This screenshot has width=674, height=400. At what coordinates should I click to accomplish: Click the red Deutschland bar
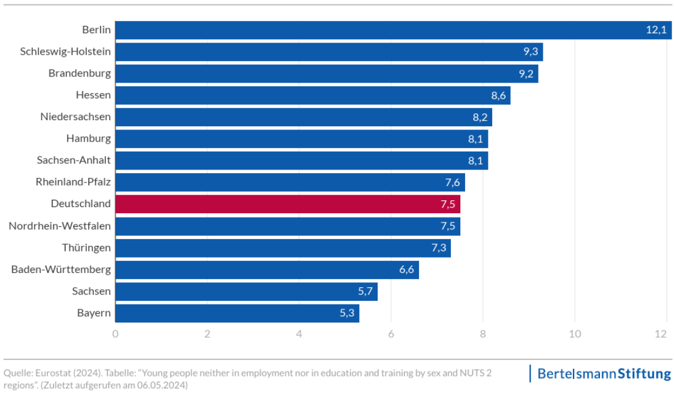pyautogui.click(x=287, y=204)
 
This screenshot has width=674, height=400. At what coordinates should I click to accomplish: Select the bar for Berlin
pyautogui.click(x=393, y=30)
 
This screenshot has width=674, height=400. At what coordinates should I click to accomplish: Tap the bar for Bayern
pyautogui.click(x=237, y=313)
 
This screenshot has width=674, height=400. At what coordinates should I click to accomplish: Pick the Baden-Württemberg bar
pyautogui.click(x=267, y=269)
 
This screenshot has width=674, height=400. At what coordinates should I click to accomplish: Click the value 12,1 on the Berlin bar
pyautogui.click(x=656, y=30)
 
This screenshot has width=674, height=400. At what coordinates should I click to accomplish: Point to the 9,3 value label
pyautogui.click(x=530, y=52)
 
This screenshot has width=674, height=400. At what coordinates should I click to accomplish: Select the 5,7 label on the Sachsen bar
pyautogui.click(x=365, y=291)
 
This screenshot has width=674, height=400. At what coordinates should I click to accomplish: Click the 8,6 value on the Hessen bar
pyautogui.click(x=498, y=96)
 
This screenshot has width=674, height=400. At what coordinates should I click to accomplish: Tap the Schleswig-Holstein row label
pyautogui.click(x=65, y=52)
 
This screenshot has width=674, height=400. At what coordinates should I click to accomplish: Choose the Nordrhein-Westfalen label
pyautogui.click(x=60, y=226)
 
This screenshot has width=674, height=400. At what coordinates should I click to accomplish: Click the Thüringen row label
pyautogui.click(x=86, y=248)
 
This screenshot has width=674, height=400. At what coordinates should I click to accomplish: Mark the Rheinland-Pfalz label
pyautogui.click(x=73, y=182)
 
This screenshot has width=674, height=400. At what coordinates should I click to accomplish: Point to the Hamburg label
pyautogui.click(x=89, y=139)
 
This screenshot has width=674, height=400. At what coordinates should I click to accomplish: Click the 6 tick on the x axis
pyautogui.click(x=391, y=334)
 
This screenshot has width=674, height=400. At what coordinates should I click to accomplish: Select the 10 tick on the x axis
pyautogui.click(x=574, y=334)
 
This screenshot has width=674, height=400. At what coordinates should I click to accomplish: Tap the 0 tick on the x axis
pyautogui.click(x=115, y=334)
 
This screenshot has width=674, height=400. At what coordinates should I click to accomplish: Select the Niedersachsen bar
pyautogui.click(x=303, y=117)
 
